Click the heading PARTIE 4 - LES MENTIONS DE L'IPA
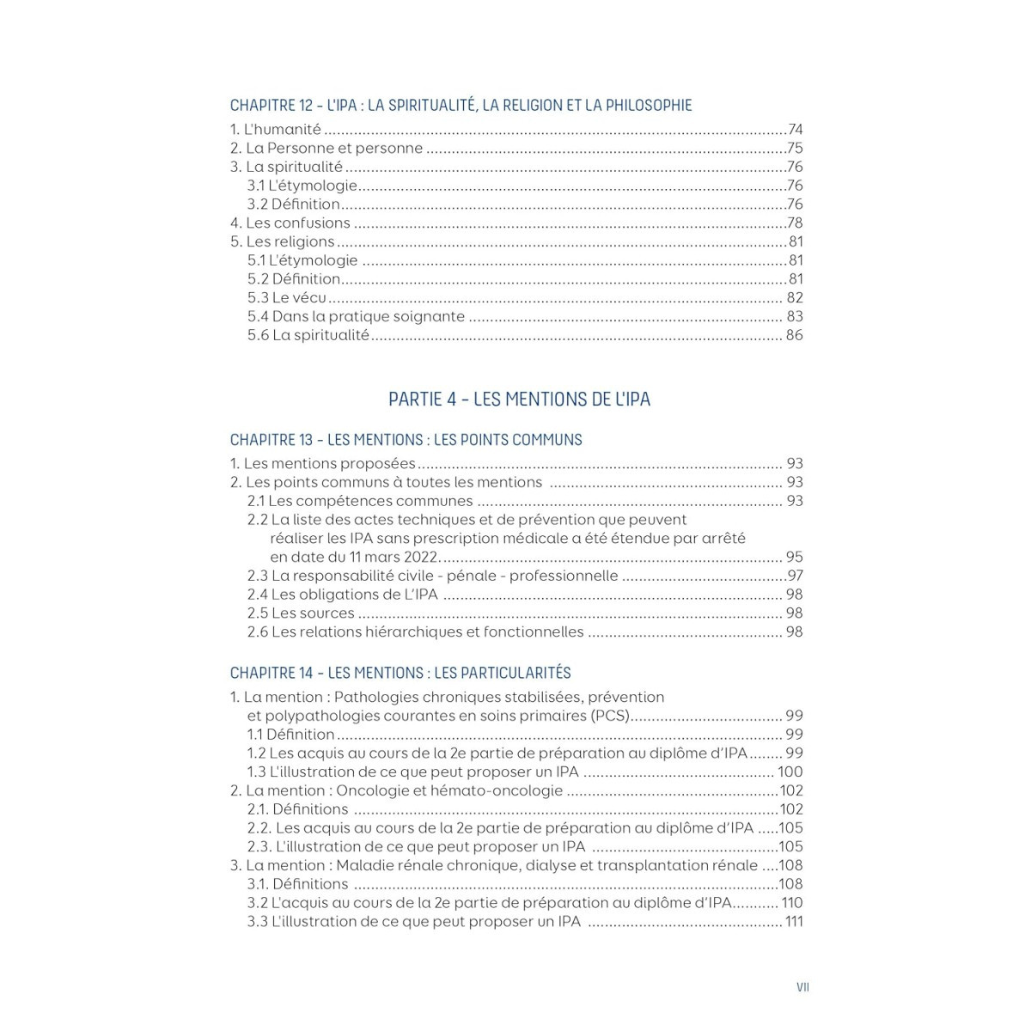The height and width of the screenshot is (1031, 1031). [519, 400]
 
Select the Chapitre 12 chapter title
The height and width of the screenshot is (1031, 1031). [461, 106]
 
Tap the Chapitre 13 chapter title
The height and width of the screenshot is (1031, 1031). [406, 440]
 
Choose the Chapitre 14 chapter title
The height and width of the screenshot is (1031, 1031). [400, 674]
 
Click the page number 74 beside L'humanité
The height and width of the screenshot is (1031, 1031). [795, 130]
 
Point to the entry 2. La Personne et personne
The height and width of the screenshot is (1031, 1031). [326, 149]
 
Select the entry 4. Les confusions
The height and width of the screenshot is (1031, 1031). [290, 223]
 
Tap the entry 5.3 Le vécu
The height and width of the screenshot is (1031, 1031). [287, 298]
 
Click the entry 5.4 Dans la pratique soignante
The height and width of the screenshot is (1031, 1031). [356, 317]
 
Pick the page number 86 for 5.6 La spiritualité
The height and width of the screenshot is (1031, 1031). [794, 335]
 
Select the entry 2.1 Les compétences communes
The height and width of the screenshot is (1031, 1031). [360, 501]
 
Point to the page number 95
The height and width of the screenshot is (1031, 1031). [794, 557]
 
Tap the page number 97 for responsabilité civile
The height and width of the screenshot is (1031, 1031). [795, 576]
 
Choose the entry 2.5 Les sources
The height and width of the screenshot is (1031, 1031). [301, 613]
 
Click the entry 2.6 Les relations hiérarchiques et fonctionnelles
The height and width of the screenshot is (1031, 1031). [415, 632]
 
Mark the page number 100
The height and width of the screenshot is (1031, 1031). [790, 772]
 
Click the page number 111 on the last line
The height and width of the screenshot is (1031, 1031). [793, 922]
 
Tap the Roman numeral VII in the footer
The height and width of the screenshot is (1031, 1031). [802, 987]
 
